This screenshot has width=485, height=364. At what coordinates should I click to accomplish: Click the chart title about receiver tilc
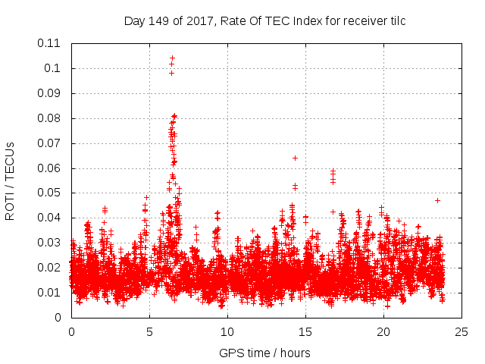tap(264, 21)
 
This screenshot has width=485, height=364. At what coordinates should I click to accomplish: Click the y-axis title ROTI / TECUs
tap(10, 181)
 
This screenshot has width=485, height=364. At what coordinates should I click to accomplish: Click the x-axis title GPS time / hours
tap(264, 353)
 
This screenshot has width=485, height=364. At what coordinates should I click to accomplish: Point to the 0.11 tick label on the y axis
tap(50, 43)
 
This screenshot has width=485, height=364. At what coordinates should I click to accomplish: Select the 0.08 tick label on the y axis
tap(50, 118)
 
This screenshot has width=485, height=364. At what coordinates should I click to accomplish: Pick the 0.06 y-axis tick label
tap(50, 168)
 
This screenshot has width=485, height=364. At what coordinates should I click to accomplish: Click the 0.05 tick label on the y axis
tap(50, 193)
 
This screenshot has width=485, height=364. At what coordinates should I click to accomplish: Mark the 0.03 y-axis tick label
tap(50, 243)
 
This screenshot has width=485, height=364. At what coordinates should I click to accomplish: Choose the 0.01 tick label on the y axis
tap(50, 293)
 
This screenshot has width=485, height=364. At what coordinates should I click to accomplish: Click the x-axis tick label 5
tap(149, 331)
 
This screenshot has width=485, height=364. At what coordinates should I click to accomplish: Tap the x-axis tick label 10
tap(227, 331)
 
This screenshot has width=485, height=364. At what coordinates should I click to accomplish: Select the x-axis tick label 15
tap(305, 331)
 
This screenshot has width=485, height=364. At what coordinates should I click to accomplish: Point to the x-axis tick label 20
tap(383, 331)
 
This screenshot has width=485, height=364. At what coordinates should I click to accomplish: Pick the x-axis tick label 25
tap(462, 331)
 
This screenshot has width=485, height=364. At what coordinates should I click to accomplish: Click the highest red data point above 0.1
tap(172, 58)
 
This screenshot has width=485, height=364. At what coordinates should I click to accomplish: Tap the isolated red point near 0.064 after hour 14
tap(295, 158)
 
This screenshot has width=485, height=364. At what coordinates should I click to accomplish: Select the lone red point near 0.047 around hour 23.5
tap(437, 200)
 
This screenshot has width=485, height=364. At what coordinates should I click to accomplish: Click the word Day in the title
tap(134, 21)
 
